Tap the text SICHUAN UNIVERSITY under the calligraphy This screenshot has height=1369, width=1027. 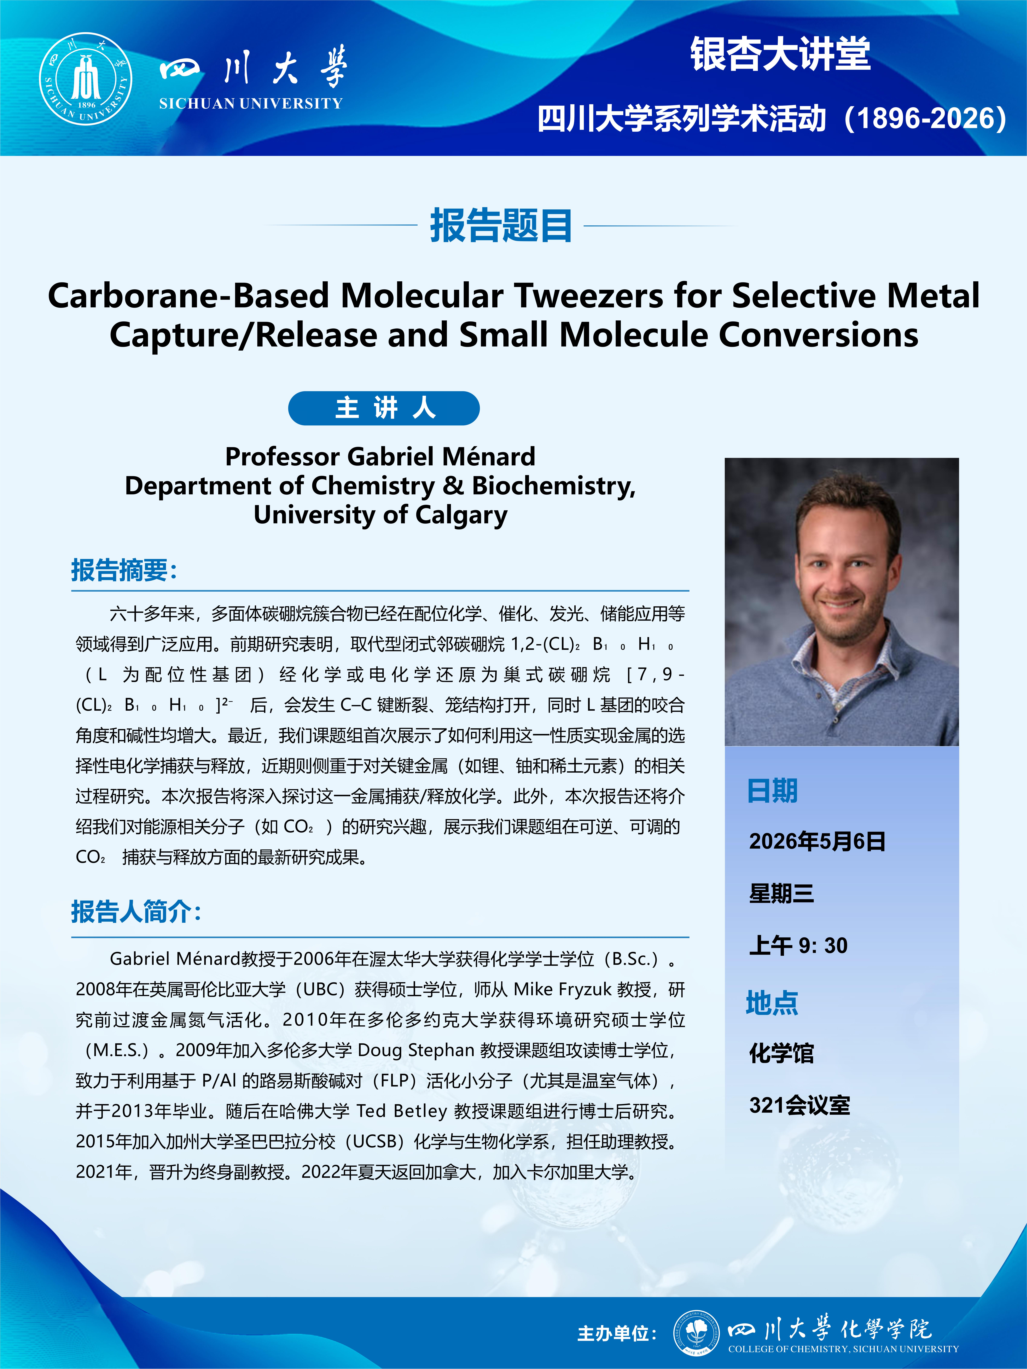[251, 103]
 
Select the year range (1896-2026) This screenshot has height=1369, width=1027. [925, 118]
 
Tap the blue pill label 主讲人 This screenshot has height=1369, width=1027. [384, 409]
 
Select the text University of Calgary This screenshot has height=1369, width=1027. [380, 514]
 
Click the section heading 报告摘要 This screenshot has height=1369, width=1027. [124, 570]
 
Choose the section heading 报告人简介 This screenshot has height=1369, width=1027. [136, 912]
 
